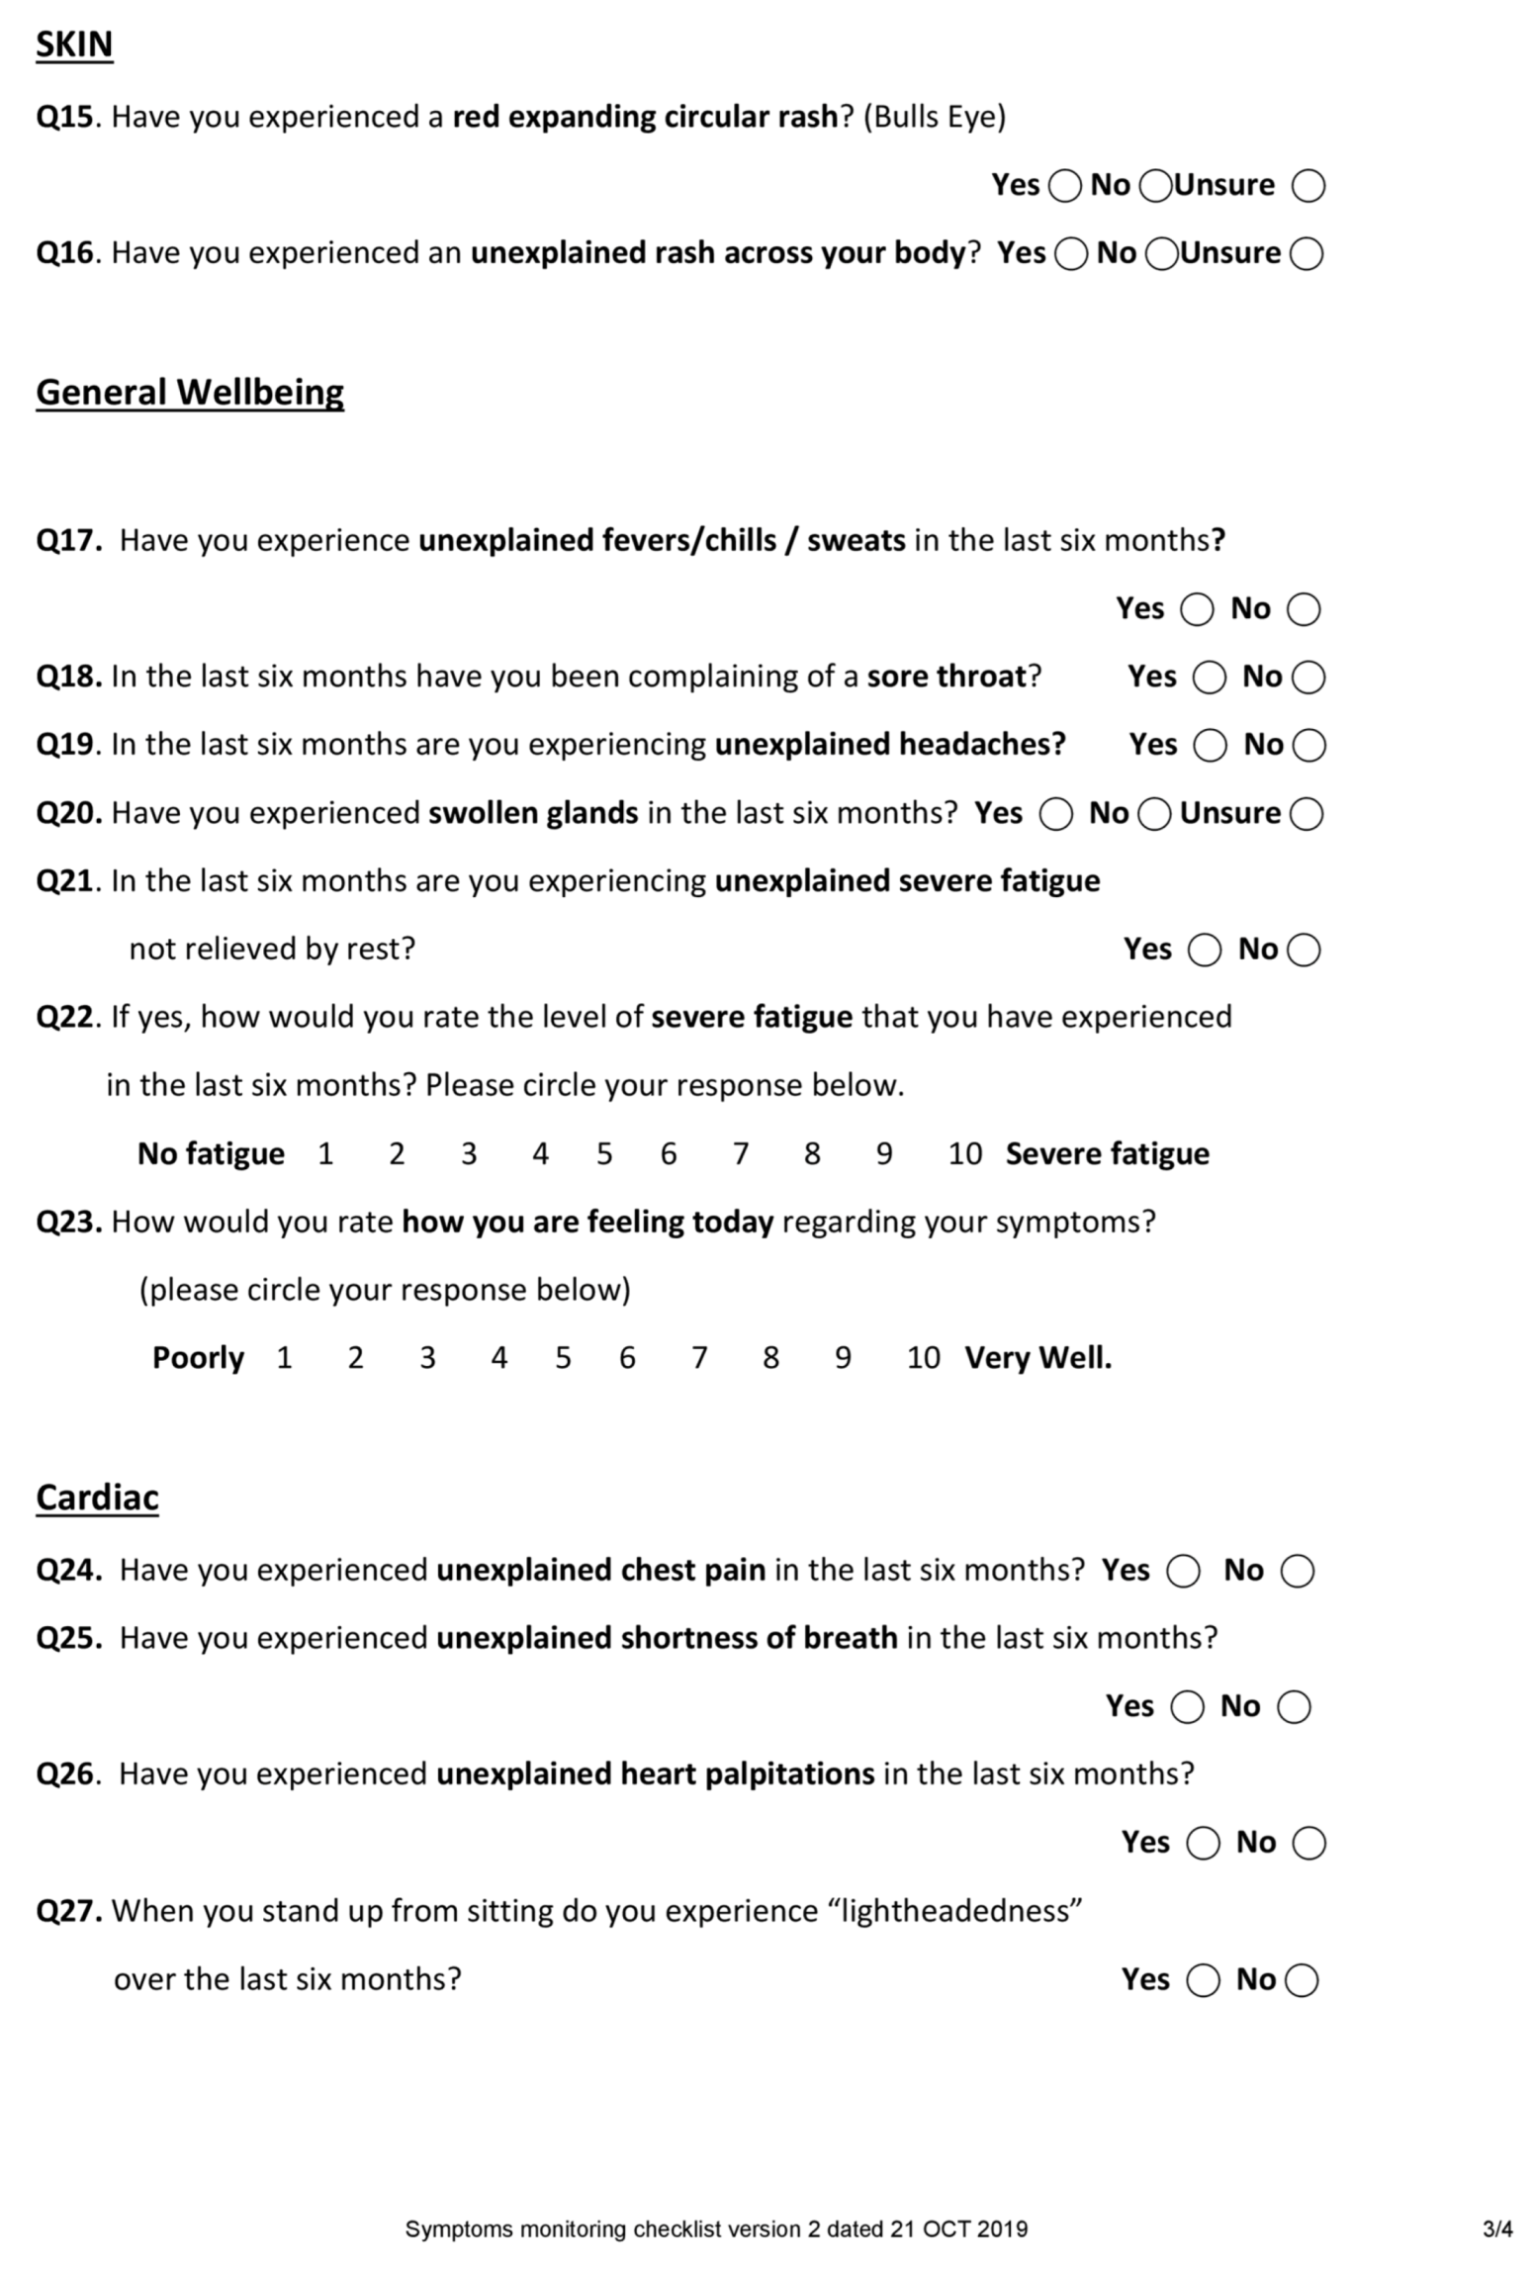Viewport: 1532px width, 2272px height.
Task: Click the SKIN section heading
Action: (74, 45)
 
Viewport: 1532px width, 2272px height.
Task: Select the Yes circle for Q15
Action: (1064, 186)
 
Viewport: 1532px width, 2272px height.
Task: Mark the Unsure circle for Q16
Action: (1307, 254)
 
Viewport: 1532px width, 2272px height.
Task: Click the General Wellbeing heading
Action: (190, 393)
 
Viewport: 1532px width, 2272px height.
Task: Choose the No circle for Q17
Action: (1303, 609)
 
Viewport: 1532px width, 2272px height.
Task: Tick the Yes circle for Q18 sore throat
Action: (1209, 678)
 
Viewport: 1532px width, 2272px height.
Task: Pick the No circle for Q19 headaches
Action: (1308, 746)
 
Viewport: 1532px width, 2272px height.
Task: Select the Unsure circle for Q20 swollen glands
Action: (1307, 814)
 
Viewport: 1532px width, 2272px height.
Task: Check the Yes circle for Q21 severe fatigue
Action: (1204, 951)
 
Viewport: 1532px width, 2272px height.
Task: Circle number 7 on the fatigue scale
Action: (740, 1154)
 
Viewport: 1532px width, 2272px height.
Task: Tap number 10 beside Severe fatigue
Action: (964, 1154)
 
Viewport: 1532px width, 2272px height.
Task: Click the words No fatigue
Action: (211, 1154)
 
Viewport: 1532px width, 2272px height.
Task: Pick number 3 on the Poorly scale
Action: (427, 1358)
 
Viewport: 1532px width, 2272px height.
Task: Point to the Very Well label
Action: (1037, 1358)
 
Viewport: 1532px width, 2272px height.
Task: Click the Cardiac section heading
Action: (97, 1498)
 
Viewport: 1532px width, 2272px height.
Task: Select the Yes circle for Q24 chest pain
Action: (1183, 1571)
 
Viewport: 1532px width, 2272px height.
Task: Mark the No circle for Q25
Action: (1294, 1707)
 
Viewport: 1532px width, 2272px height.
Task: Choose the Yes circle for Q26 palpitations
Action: (1203, 1844)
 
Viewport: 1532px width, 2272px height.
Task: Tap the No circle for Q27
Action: (1302, 1981)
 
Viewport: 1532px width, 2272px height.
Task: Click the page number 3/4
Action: (1496, 2229)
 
